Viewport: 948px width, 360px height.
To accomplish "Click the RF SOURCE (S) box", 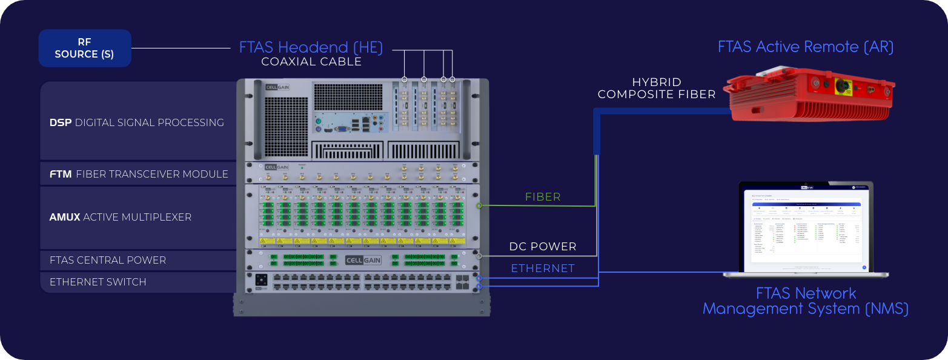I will coord(85,48).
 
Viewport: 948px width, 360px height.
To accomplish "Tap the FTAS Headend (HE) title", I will coord(311,47).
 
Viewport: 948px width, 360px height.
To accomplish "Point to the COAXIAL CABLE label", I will coord(311,62).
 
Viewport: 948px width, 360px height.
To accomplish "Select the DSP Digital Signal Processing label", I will coord(137,122).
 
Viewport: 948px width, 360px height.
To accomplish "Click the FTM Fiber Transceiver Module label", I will coord(139,175).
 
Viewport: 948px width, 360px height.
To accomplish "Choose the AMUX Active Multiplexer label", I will coord(121,217).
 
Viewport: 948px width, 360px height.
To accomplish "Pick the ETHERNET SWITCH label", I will coord(98,282).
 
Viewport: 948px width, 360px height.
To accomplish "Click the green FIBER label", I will coord(543,197).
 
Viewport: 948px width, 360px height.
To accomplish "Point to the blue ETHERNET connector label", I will coord(543,268).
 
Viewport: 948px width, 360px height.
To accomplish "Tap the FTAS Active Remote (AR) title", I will coord(806,47).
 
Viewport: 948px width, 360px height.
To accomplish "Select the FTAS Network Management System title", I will coord(806,301).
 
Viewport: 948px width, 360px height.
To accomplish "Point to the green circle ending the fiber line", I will coord(480,205).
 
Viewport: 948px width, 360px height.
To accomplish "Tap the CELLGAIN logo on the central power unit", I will coord(362,261).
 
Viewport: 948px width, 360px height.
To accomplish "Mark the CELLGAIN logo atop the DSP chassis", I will coord(277,87).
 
